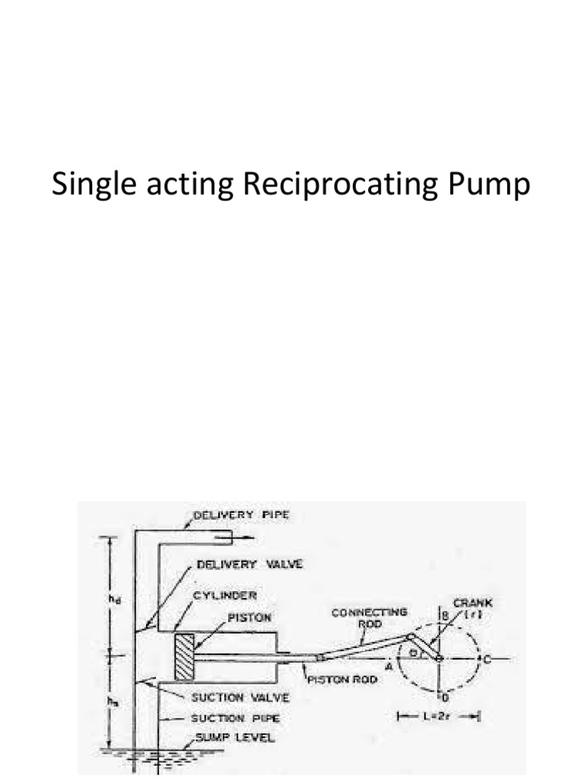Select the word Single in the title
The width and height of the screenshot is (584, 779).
93,186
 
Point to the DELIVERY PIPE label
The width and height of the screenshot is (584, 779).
242,515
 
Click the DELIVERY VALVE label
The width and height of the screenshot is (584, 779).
249,564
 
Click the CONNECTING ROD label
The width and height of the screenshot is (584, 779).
370,617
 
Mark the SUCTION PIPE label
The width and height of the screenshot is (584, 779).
227,717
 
